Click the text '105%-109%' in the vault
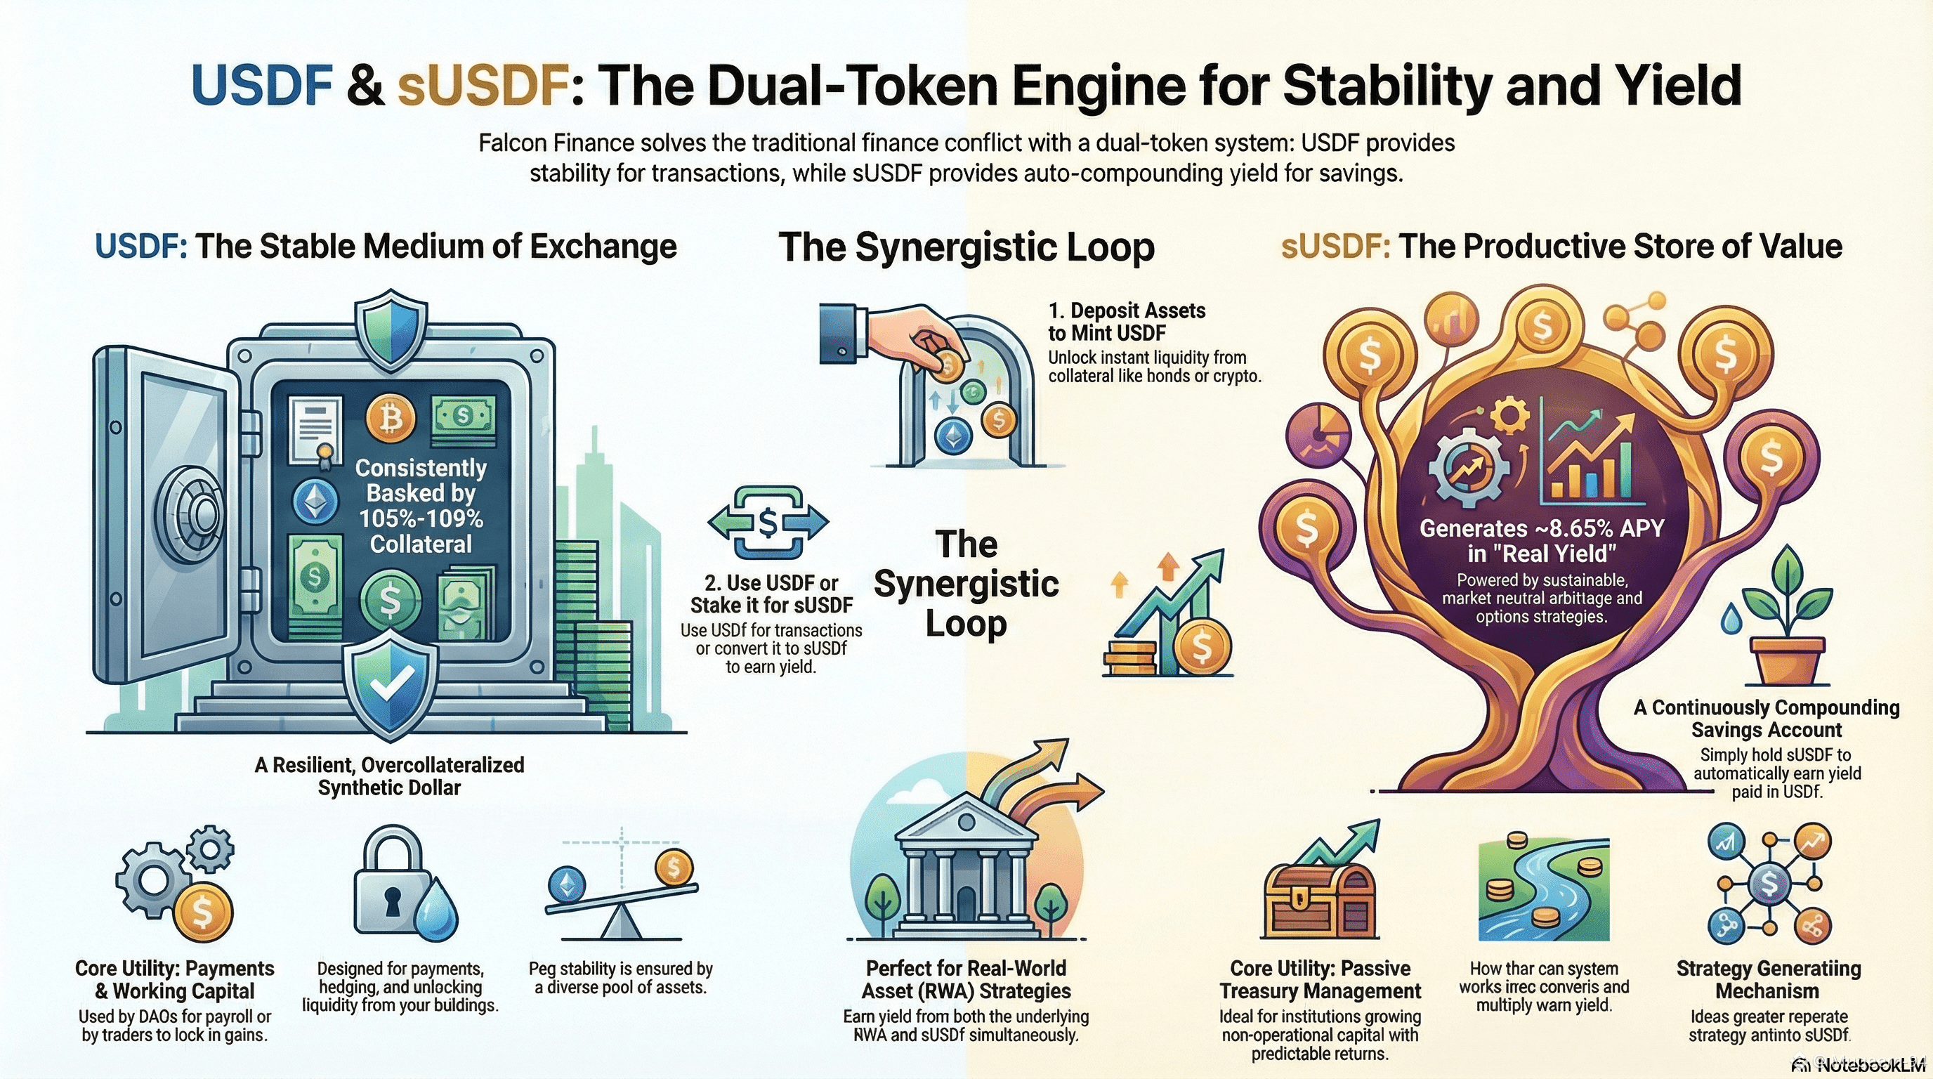(421, 518)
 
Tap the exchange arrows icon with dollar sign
(768, 522)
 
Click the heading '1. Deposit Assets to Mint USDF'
(1127, 321)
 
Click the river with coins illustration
(1545, 891)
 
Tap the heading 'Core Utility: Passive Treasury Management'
(1320, 979)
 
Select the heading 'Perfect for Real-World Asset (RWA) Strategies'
(966, 979)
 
